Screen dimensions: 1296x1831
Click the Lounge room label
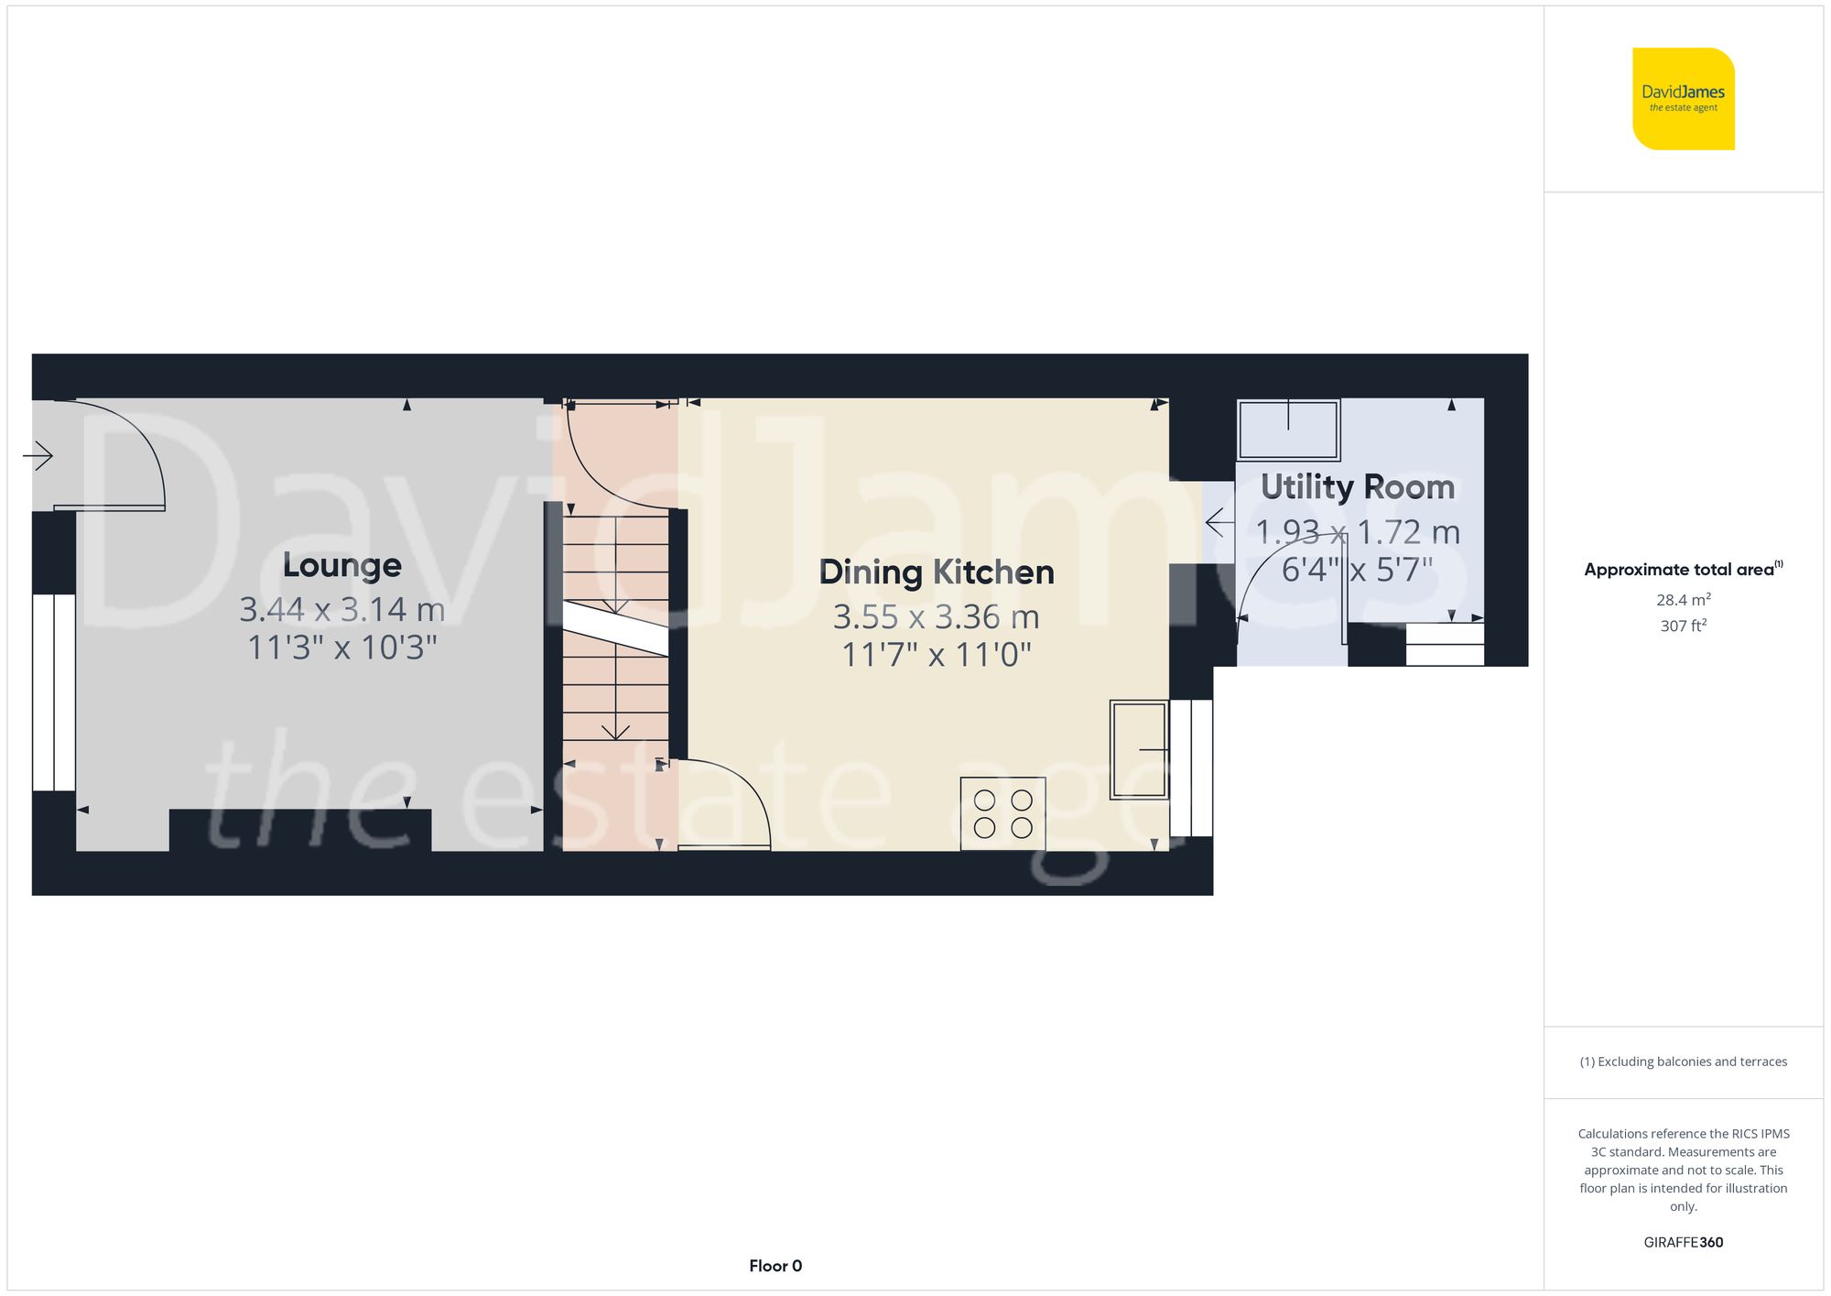pos(341,565)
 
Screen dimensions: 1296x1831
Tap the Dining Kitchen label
pos(936,572)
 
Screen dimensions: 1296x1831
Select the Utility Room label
pos(1357,487)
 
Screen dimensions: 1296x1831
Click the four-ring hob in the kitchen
pos(1002,813)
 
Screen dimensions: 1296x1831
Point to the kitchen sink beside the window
pos(1139,750)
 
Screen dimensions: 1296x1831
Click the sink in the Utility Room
pos(1288,429)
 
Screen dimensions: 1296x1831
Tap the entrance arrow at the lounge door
pos(38,454)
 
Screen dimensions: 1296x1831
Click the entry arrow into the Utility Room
pos(1218,524)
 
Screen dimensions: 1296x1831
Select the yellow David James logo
pos(1683,99)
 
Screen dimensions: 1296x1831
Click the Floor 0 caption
pos(775,1266)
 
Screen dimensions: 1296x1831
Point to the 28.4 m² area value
pos(1683,600)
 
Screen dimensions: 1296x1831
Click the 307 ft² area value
pos(1683,626)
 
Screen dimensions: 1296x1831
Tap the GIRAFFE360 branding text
pos(1683,1242)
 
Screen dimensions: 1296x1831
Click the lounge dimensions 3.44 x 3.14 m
pos(341,609)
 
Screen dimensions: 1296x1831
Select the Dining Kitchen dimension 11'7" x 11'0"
pos(936,655)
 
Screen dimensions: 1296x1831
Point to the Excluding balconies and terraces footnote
pos(1683,1062)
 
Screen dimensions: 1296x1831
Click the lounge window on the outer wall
pos(54,692)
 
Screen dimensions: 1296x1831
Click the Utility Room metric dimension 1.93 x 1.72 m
pos(1357,532)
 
